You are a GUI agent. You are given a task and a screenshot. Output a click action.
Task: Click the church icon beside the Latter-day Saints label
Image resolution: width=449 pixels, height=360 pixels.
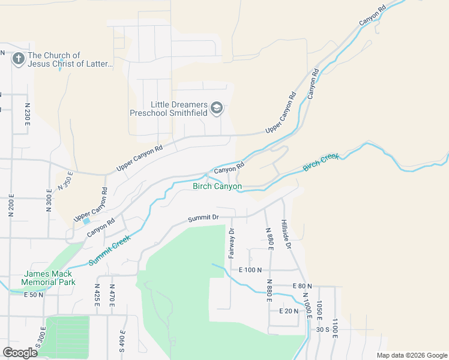click(x=18, y=59)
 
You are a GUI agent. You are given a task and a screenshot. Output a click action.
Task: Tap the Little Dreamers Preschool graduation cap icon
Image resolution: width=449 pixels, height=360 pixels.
click(x=217, y=109)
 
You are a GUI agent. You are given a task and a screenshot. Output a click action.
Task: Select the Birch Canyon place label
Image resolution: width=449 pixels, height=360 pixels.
click(x=217, y=187)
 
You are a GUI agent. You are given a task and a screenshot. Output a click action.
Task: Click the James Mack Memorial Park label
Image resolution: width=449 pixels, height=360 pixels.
click(x=48, y=277)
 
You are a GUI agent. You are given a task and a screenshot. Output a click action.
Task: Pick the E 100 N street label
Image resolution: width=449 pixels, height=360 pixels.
click(x=250, y=270)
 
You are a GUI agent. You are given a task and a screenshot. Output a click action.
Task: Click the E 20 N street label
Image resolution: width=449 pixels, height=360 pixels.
click(x=289, y=311)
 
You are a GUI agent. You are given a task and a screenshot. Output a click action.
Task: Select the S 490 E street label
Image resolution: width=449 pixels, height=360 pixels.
click(x=122, y=341)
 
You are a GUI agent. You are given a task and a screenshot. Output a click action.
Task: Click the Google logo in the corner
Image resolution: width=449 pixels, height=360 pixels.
click(x=20, y=352)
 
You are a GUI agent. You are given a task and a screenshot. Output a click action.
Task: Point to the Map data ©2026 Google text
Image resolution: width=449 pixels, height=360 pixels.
click(x=411, y=355)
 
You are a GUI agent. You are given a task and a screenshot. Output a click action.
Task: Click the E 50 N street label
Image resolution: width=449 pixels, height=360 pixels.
click(x=34, y=295)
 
